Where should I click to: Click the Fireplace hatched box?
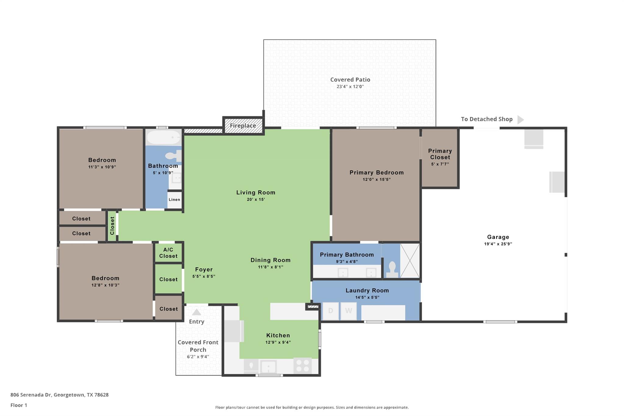243,126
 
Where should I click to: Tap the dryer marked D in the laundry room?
331,311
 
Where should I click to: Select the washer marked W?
349,311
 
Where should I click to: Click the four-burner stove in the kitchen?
302,365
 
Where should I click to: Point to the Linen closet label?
174,200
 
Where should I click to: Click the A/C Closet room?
168,253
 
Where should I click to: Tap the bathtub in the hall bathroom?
164,137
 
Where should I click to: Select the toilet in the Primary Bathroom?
392,269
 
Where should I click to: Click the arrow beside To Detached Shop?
520,119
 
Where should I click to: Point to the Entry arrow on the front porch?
197,312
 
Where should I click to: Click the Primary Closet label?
440,154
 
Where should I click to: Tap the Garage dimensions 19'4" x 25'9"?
498,244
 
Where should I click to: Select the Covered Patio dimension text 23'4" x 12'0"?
350,87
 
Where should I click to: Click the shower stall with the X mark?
410,261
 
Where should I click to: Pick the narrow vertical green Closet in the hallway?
112,226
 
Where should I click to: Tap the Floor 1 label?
19,405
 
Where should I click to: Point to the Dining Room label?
270,260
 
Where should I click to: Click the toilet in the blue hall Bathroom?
173,156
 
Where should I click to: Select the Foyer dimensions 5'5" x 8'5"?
204,276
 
